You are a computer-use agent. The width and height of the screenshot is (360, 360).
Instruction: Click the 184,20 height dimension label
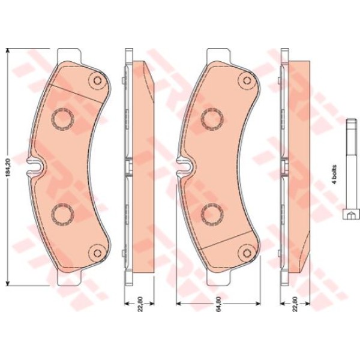(8, 167)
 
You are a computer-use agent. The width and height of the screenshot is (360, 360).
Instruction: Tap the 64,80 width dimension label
(218, 304)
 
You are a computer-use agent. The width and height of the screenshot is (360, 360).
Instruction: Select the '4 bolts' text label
(335, 174)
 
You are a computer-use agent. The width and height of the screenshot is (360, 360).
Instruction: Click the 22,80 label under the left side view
(140, 304)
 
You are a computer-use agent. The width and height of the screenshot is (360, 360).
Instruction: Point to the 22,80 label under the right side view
(295, 304)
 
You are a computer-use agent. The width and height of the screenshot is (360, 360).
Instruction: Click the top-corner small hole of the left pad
(98, 80)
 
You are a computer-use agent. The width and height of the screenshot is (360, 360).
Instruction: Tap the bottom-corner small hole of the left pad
(98, 253)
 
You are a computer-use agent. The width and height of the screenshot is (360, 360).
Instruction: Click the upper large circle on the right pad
(212, 118)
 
